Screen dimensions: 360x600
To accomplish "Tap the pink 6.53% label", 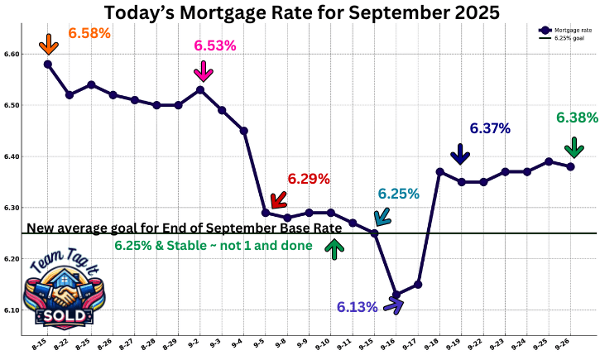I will [215, 45].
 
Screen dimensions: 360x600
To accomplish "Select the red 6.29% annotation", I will [309, 178].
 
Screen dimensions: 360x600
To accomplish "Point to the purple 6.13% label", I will [357, 307].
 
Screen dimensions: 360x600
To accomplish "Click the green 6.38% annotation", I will [577, 118].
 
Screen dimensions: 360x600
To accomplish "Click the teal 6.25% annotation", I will [399, 194].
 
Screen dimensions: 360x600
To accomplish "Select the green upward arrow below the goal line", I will [334, 248].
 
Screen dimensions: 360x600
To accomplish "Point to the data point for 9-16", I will [396, 295].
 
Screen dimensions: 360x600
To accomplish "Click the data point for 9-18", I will [439, 171].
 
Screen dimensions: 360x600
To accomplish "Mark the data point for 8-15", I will [48, 64].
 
